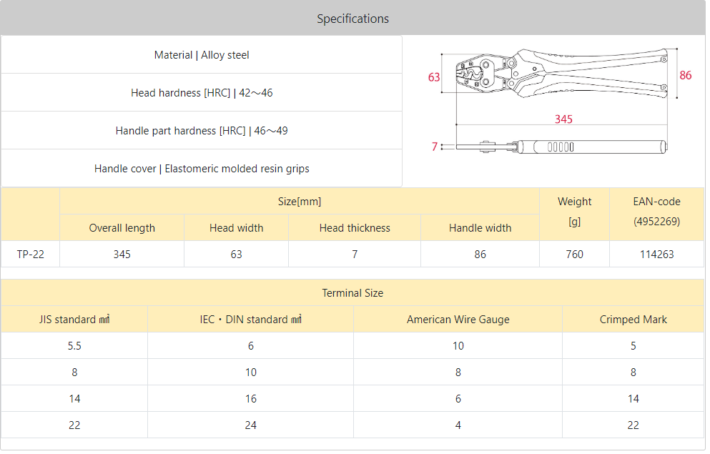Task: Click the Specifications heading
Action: point(352,19)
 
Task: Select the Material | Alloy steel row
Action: point(202,55)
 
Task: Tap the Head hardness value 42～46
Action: point(256,93)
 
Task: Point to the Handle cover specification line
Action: point(202,169)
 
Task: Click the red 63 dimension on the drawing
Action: point(434,77)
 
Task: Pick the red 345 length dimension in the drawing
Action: point(563,119)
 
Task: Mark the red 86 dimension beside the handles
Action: point(686,75)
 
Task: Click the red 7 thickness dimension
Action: point(435,147)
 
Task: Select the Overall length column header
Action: point(122,227)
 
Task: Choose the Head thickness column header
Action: point(355,227)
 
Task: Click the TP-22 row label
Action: point(30,255)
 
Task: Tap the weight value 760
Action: point(574,255)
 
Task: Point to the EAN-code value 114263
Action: point(656,255)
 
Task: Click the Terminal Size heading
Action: point(352,293)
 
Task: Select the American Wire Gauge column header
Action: point(458,320)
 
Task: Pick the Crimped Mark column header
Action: point(633,320)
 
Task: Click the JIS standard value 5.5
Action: point(74,346)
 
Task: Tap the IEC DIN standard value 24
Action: point(250,425)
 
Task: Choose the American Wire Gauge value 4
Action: point(458,425)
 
